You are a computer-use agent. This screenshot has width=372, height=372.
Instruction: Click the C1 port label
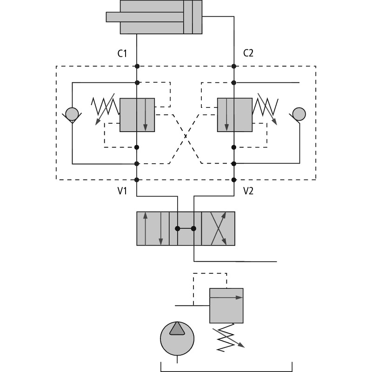click(122, 53)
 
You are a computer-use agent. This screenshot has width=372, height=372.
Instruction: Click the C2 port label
click(248, 53)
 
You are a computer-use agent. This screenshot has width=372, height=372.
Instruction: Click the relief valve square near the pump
click(226, 306)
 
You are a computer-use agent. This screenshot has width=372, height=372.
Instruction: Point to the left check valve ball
click(72, 113)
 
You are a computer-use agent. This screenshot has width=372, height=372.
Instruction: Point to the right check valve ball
click(299, 113)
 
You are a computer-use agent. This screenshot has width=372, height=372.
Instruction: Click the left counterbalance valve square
click(137, 115)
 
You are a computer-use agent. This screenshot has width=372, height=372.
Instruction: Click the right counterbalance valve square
click(235, 115)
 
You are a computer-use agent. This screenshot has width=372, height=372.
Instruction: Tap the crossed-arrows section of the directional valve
click(218, 228)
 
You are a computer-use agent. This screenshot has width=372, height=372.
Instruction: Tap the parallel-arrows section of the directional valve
click(153, 228)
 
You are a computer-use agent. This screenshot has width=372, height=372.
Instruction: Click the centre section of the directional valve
click(186, 228)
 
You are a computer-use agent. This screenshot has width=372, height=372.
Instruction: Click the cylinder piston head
click(188, 17)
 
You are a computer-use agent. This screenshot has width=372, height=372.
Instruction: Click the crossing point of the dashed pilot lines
click(186, 136)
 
